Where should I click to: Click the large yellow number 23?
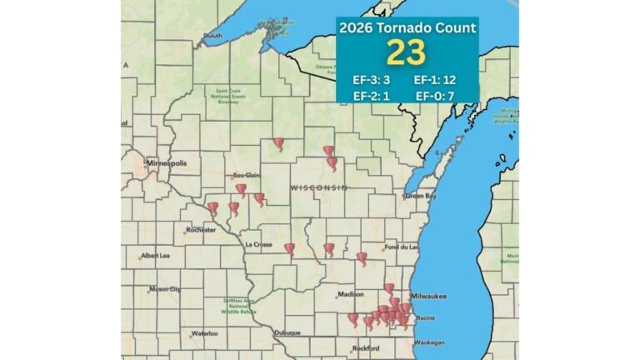[407, 52]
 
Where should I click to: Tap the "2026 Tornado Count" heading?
[407, 27]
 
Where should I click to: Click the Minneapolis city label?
[167, 163]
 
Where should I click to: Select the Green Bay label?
[420, 196]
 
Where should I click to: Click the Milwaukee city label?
[428, 295]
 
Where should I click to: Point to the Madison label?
[351, 294]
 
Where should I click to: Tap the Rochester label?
[201, 229]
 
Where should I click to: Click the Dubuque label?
[288, 332]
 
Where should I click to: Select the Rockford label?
[365, 347]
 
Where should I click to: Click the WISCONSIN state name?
[318, 188]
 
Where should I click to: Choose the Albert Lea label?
[156, 255]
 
